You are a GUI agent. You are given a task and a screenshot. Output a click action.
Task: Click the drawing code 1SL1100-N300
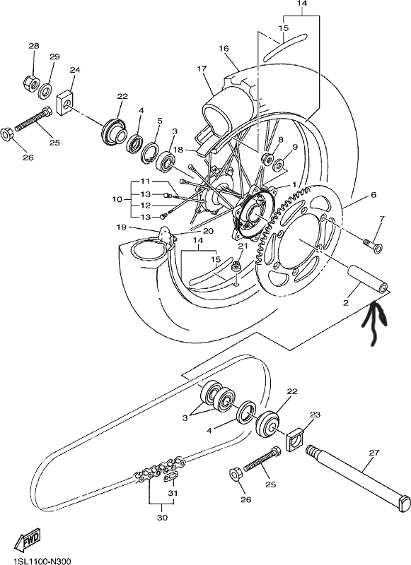[x=37, y=561]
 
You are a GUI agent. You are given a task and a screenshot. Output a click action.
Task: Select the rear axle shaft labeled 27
[x=359, y=476]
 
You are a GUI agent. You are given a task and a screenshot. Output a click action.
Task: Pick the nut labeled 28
[x=32, y=84]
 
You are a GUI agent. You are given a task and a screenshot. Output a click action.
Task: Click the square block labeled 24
[x=65, y=103]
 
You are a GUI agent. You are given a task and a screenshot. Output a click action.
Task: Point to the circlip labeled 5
[x=149, y=153]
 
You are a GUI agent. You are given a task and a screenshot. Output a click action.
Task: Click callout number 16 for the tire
[x=224, y=48]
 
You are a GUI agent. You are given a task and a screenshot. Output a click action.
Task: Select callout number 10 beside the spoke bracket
[x=117, y=199]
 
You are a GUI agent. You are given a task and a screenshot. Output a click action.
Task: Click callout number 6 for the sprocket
[x=374, y=195]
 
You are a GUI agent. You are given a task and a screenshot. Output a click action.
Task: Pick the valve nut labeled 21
[x=237, y=267]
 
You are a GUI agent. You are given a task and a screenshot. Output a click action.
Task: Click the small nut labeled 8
[x=267, y=158]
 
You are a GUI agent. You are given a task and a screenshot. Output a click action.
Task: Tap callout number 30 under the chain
[x=163, y=518]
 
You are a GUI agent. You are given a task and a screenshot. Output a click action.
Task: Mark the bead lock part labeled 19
[x=166, y=236]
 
